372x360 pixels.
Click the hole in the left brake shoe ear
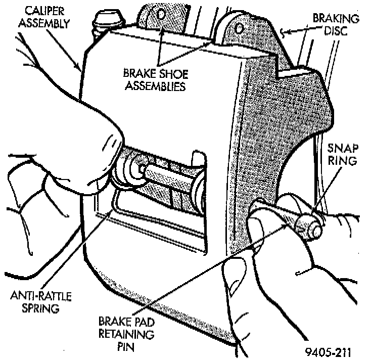coord(160,14)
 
